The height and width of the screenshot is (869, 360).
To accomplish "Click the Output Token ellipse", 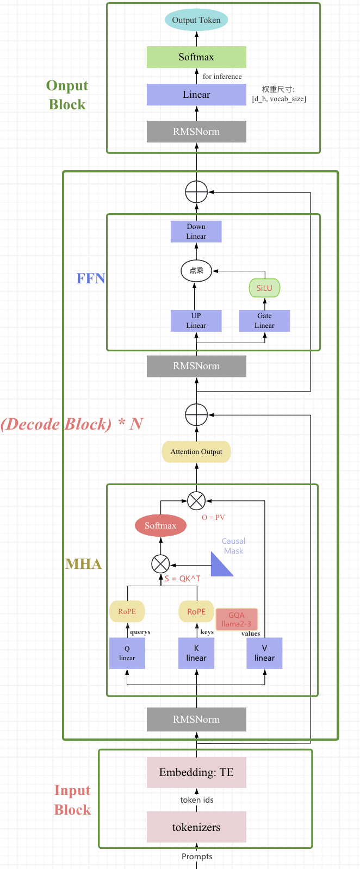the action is point(196,20).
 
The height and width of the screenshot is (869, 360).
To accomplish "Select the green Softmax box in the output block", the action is point(196,57).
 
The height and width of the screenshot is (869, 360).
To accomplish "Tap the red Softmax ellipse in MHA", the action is point(160,526).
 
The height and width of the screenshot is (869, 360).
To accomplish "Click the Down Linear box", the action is point(196,232).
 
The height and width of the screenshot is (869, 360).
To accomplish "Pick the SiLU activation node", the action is point(264,288).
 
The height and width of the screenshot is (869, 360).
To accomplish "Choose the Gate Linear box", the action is point(265,321).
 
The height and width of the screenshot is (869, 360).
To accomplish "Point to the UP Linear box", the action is point(196,321).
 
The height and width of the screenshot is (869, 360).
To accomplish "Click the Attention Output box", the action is point(196,451).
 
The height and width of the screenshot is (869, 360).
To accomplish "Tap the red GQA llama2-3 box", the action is point(237,619).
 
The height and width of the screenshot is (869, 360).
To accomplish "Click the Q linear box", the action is point(127,653).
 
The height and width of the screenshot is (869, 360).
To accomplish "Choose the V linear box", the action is point(265,653).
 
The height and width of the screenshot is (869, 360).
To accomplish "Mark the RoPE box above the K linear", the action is point(196,611).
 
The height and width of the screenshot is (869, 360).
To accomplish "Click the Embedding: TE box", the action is point(196,772).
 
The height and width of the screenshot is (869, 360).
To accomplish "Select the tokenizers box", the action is point(196,827).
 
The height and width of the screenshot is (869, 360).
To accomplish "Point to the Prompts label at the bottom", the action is point(197,856).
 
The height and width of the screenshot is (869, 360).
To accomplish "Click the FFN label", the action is point(91,278).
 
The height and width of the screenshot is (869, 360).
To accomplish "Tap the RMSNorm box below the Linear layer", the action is point(196,132).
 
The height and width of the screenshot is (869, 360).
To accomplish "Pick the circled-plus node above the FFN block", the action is point(196,191).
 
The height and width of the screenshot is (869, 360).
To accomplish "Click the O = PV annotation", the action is point(213,517).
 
